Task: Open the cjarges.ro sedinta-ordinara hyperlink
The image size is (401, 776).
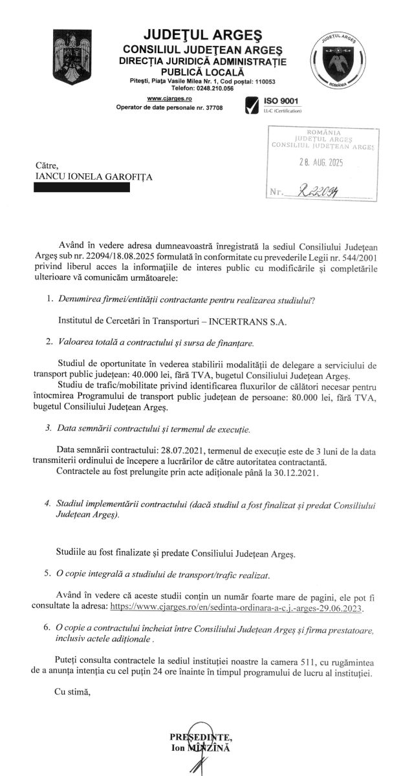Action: (237, 609)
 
